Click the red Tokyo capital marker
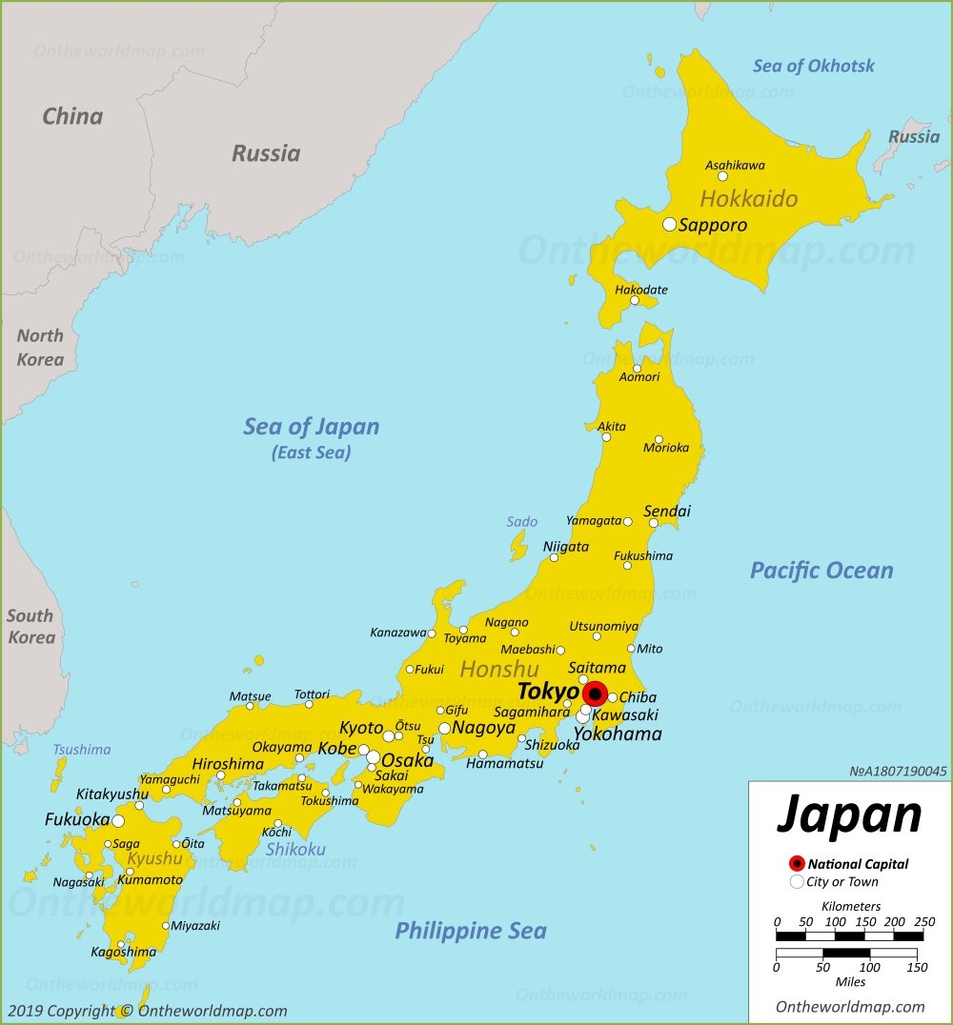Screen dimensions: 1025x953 pyautogui.click(x=595, y=693)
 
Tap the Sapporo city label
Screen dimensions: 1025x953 pyautogui.click(x=712, y=226)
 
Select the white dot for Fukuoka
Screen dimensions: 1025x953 pyautogui.click(x=117, y=820)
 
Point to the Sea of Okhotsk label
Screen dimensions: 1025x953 pyautogui.click(x=813, y=66)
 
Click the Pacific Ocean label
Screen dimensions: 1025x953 pyautogui.click(x=821, y=571)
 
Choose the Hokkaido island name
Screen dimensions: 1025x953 pyautogui.click(x=748, y=199)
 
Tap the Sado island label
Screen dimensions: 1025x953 pyautogui.click(x=521, y=521)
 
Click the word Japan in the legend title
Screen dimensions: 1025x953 pyautogui.click(x=849, y=815)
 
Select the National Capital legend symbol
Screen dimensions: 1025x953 pyautogui.click(x=797, y=864)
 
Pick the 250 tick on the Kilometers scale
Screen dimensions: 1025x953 pyautogui.click(x=923, y=922)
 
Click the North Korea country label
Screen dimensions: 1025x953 pyautogui.click(x=40, y=348)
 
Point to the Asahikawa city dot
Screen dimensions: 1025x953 pyautogui.click(x=722, y=176)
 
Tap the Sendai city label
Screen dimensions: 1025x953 pyautogui.click(x=667, y=512)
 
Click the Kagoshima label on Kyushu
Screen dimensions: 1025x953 pyautogui.click(x=123, y=952)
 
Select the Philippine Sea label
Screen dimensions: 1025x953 pyautogui.click(x=471, y=931)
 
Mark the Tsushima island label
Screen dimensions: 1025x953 pyautogui.click(x=81, y=750)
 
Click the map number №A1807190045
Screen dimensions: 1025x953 pyautogui.click(x=897, y=772)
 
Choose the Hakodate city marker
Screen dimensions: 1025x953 pyautogui.click(x=635, y=300)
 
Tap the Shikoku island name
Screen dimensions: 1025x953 pyautogui.click(x=295, y=849)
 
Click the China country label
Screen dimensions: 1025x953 pyautogui.click(x=72, y=116)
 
